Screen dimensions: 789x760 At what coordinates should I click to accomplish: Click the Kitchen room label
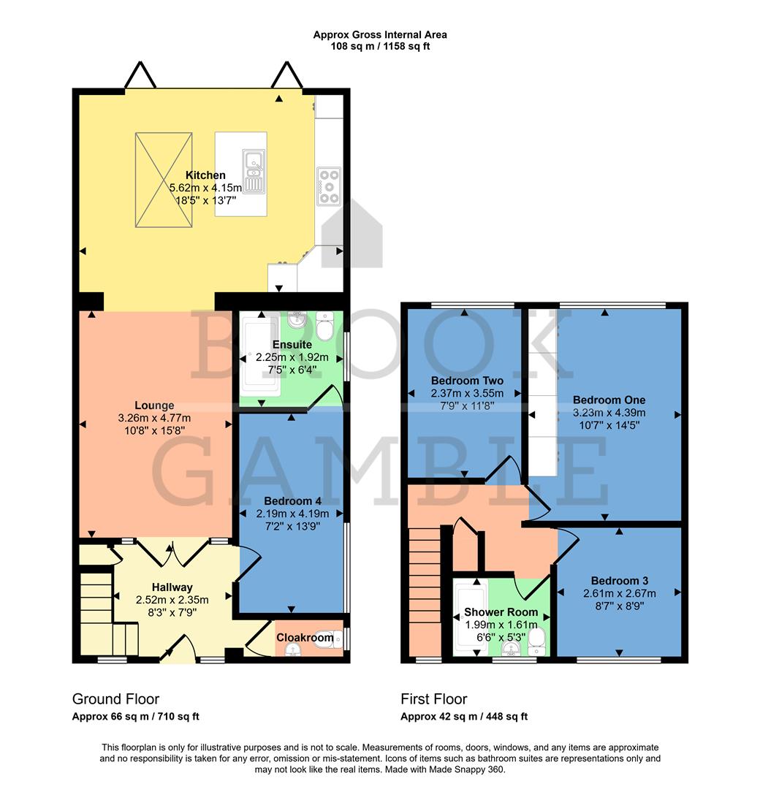pyautogui.click(x=205, y=175)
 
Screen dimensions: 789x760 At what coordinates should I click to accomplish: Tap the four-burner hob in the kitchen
pyautogui.click(x=329, y=185)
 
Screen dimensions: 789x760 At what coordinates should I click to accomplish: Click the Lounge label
pyautogui.click(x=154, y=405)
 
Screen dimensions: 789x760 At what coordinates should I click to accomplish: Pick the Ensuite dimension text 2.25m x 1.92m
pyautogui.click(x=292, y=357)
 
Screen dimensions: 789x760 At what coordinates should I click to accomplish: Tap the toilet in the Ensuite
pyautogui.click(x=327, y=325)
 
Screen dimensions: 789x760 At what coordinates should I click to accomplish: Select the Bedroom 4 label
pyautogui.click(x=292, y=501)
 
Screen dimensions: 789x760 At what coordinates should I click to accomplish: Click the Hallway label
pyautogui.click(x=172, y=587)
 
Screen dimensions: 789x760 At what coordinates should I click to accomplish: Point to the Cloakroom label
pyautogui.click(x=305, y=638)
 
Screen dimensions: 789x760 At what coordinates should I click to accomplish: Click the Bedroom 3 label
pyautogui.click(x=619, y=581)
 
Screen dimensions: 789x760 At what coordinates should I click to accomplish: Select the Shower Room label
pyautogui.click(x=501, y=612)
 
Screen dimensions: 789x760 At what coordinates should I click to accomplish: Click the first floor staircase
pyautogui.click(x=425, y=584)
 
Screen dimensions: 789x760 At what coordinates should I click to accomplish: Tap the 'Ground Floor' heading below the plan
pyautogui.click(x=115, y=699)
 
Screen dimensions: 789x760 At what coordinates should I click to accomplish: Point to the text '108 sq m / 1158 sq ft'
pyautogui.click(x=380, y=46)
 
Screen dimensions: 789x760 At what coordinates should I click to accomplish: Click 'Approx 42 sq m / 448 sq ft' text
pyautogui.click(x=464, y=717)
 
